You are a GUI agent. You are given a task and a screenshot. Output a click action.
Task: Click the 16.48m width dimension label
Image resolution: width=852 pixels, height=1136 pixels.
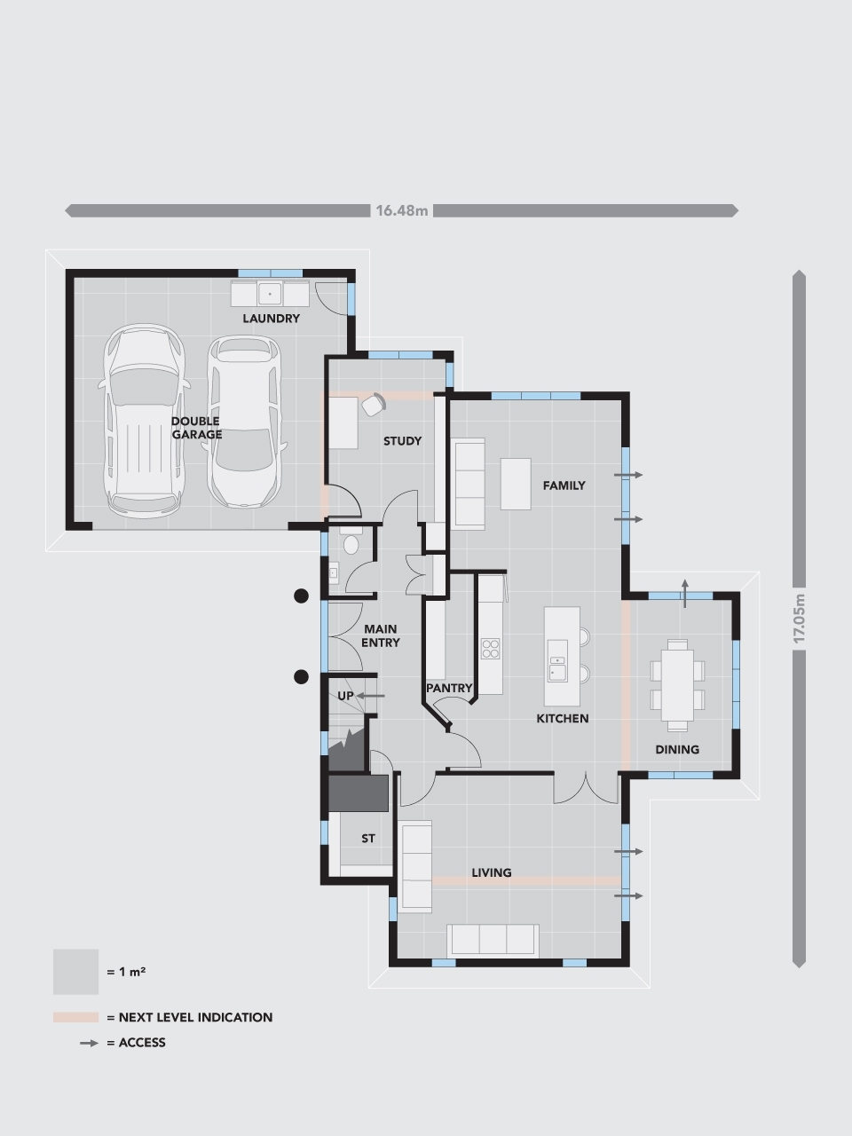(401, 210)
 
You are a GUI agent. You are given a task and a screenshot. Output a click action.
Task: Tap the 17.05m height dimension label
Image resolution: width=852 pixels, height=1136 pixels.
(799, 618)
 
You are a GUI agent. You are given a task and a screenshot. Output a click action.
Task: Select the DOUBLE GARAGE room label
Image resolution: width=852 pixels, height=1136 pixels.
(196, 428)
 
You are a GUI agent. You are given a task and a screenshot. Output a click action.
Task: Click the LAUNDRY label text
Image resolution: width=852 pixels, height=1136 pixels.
(272, 318)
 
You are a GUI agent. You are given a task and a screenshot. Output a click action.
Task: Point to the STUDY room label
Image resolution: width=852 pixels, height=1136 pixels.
(402, 441)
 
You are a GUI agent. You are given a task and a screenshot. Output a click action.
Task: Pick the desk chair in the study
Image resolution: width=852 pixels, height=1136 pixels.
(374, 404)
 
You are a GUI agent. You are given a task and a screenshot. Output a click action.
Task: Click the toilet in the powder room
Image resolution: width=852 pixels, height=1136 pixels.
(351, 542)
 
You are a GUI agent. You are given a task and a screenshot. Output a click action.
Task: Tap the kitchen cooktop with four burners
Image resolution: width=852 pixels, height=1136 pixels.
(491, 649)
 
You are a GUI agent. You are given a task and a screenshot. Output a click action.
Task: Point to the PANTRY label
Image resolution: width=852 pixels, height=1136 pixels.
(449, 688)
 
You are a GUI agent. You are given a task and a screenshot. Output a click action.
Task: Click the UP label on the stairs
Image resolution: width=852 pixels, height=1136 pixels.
(345, 696)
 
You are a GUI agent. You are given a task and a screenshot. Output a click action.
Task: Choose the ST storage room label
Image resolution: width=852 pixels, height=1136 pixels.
(368, 838)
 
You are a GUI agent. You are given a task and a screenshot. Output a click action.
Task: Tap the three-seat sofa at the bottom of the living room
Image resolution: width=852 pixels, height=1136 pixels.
(493, 940)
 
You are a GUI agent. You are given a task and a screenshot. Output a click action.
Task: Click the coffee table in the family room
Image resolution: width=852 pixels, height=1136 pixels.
(516, 484)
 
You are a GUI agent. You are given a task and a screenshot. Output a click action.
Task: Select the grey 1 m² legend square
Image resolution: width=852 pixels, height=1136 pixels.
(75, 972)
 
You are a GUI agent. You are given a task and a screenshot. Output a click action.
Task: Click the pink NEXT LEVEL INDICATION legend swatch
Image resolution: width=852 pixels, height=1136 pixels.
(75, 1017)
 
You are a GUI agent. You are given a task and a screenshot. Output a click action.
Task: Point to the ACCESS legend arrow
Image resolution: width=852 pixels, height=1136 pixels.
(89, 1043)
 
